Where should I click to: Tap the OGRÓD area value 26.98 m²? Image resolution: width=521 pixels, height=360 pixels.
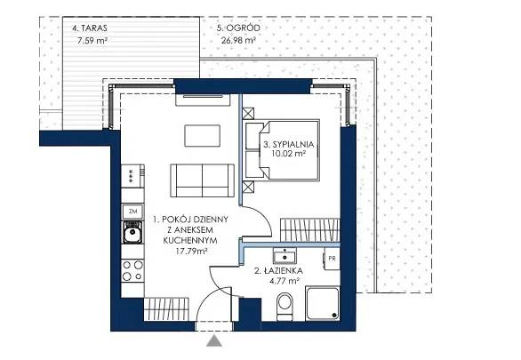tap(238, 41)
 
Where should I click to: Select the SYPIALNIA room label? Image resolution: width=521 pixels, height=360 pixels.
tap(288, 145)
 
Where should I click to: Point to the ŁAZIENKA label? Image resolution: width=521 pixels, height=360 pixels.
tap(278, 271)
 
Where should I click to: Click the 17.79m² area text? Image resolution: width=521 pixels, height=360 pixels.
tap(192, 251)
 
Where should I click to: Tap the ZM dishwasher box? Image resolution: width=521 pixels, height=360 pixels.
tap(132, 212)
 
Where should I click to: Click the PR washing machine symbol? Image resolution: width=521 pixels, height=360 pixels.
tap(332, 259)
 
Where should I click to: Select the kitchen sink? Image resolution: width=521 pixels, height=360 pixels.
tap(132, 232)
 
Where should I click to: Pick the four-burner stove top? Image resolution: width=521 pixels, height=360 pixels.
tap(132, 270)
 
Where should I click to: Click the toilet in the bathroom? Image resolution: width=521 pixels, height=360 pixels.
tap(285, 306)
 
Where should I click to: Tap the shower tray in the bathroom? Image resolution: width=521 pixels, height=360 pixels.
tap(323, 303)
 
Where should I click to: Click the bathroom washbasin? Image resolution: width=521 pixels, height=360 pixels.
tap(285, 255)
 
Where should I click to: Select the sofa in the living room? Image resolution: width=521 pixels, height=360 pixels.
tap(203, 180)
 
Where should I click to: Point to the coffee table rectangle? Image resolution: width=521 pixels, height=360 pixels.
tap(203, 136)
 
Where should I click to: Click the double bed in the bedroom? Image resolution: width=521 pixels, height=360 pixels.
tap(283, 150)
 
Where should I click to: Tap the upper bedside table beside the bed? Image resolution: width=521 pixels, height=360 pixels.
tap(248, 114)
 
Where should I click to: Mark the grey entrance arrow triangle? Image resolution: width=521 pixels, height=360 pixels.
tap(214, 341)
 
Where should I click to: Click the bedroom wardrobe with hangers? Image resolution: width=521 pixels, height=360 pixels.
tap(310, 230)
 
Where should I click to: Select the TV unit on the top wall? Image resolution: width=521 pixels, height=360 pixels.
tap(203, 100)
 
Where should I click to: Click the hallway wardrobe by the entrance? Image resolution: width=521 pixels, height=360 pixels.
tap(166, 309)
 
